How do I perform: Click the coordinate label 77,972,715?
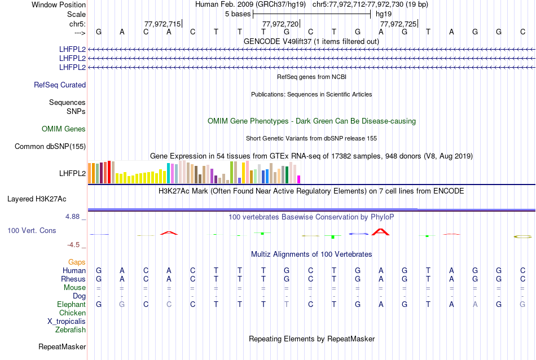[162, 24]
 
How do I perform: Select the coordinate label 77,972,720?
[280, 24]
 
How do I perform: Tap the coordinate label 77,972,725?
[398, 24]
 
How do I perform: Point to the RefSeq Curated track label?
[60, 85]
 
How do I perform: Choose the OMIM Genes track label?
[64, 129]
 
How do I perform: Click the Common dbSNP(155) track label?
[50, 147]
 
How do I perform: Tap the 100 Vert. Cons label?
[32, 231]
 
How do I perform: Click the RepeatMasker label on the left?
[62, 346]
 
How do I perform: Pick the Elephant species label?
[72, 305]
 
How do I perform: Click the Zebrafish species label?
[71, 330]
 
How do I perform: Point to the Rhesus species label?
[73, 279]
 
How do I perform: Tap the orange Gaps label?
[77, 262]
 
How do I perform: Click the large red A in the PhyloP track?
[381, 231]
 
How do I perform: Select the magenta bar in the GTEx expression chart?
[299, 179]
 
